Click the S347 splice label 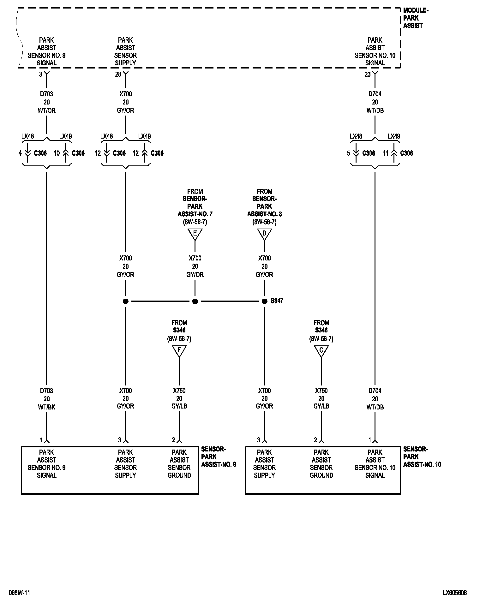coord(277,301)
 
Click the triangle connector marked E coord(195,234)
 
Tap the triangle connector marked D coord(264,234)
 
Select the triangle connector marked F coord(179,350)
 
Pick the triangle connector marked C coord(321,350)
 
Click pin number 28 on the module coord(118,75)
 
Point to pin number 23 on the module coord(368,75)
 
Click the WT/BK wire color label coord(46,407)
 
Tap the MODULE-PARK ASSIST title coord(415,18)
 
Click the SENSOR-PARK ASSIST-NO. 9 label coord(218,457)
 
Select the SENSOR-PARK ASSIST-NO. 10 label coord(422,457)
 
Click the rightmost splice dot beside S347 coord(264,301)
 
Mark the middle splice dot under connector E coord(195,301)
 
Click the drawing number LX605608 coord(454,593)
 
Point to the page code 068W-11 coord(19,593)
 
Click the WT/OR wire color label coord(46,110)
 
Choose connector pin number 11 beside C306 coord(386,153)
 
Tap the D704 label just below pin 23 coord(375,94)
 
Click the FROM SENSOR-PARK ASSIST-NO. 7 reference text coord(195,206)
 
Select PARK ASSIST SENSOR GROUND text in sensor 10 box coord(321,463)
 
